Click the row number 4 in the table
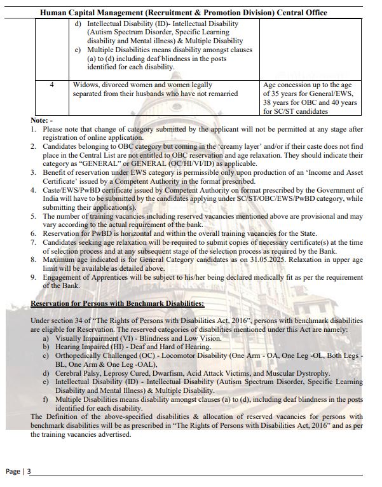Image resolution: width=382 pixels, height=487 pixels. pos(51,85)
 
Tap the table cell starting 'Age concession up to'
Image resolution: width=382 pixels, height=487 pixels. pos(311,98)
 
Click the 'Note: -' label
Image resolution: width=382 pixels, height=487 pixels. pos(42,120)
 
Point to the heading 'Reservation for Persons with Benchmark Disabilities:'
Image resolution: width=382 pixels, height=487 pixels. pos(118,304)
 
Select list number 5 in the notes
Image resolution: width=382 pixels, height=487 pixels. pos(34,217)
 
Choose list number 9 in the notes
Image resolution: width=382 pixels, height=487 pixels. pos(34,277)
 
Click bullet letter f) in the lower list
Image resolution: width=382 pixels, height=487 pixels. pos(46,399)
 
